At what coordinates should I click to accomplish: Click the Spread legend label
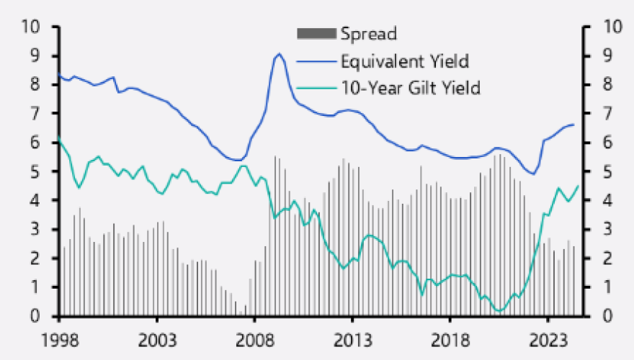click(368, 33)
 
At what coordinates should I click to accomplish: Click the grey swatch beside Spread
click(316, 33)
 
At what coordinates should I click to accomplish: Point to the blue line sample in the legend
click(316, 60)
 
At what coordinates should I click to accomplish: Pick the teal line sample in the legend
click(316, 88)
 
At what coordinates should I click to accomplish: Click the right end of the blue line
click(574, 125)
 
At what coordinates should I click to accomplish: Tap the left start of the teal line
click(59, 137)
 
